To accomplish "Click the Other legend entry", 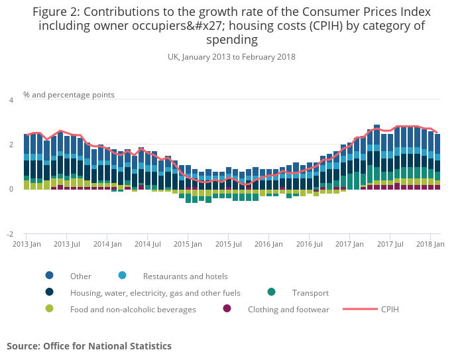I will pyautogui.click(x=81, y=276).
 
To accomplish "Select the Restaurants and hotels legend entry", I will pyautogui.click(x=185, y=276).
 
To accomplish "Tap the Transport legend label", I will pyautogui.click(x=310, y=292).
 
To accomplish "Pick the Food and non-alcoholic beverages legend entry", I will pyautogui.click(x=133, y=309).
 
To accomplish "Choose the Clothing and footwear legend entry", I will pyautogui.click(x=288, y=309).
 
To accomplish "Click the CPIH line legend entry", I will pyautogui.click(x=390, y=309).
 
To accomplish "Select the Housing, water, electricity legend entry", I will pyautogui.click(x=155, y=292).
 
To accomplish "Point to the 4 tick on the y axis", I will pyautogui.click(x=11, y=100).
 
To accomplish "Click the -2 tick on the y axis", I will pyautogui.click(x=9, y=235).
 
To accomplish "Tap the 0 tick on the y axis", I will pyautogui.click(x=11, y=190).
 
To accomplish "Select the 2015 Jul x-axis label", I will pyautogui.click(x=228, y=245).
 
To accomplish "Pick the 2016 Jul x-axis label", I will pyautogui.click(x=309, y=245).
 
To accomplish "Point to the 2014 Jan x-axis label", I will pyautogui.click(x=107, y=245).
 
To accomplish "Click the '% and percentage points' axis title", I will pyautogui.click(x=69, y=95).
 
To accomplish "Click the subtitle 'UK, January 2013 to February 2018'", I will pyautogui.click(x=231, y=57).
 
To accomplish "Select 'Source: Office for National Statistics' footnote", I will pyautogui.click(x=89, y=346).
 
